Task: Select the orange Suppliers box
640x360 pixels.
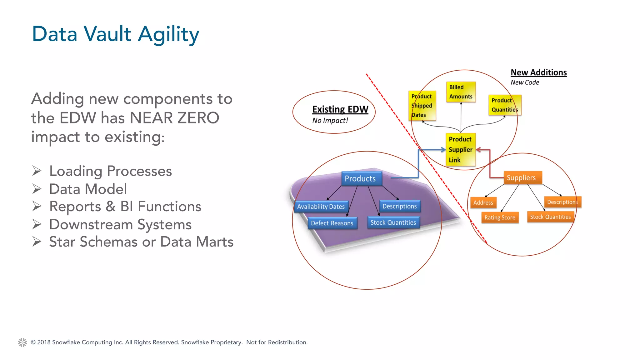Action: tap(522, 177)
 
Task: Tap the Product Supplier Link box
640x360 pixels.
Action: tap(460, 149)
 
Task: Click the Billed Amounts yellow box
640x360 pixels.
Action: tap(461, 92)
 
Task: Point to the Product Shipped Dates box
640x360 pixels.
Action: tap(422, 106)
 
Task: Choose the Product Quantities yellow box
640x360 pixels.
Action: tap(504, 105)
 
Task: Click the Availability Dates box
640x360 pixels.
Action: tap(321, 207)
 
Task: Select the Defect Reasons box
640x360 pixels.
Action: tap(332, 223)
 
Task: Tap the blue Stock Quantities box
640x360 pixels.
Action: tap(393, 222)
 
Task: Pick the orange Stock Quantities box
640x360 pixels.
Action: tap(550, 217)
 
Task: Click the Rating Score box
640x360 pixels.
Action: tap(500, 217)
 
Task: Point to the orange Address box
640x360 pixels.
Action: tap(483, 202)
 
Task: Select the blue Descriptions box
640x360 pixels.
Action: tap(400, 206)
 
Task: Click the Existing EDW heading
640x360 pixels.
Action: tap(340, 109)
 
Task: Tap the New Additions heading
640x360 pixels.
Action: tap(538, 72)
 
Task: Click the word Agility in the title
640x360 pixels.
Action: tap(168, 34)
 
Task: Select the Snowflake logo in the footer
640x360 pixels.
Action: tap(22, 342)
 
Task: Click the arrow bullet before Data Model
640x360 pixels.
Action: tap(37, 189)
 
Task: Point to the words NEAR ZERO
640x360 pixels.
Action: tap(174, 118)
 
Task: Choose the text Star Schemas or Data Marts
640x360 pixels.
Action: tap(141, 242)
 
